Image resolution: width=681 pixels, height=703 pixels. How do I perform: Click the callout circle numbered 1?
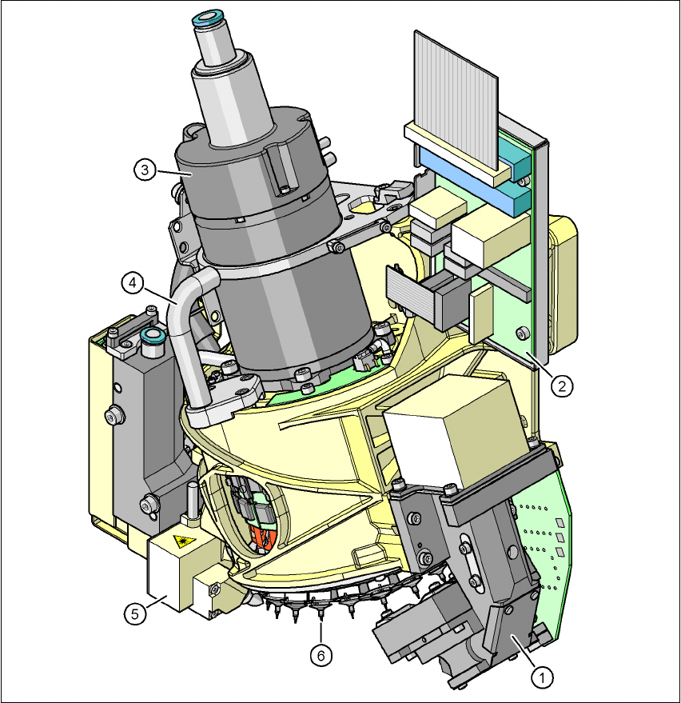click(542, 678)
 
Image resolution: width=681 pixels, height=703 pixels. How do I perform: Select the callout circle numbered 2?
click(562, 385)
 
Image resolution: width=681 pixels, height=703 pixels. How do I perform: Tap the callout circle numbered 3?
click(145, 170)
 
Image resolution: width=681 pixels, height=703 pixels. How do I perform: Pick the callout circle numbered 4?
click(133, 283)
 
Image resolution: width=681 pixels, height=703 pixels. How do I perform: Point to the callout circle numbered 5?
click(135, 613)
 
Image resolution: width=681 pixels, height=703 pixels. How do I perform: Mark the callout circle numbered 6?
click(321, 656)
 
